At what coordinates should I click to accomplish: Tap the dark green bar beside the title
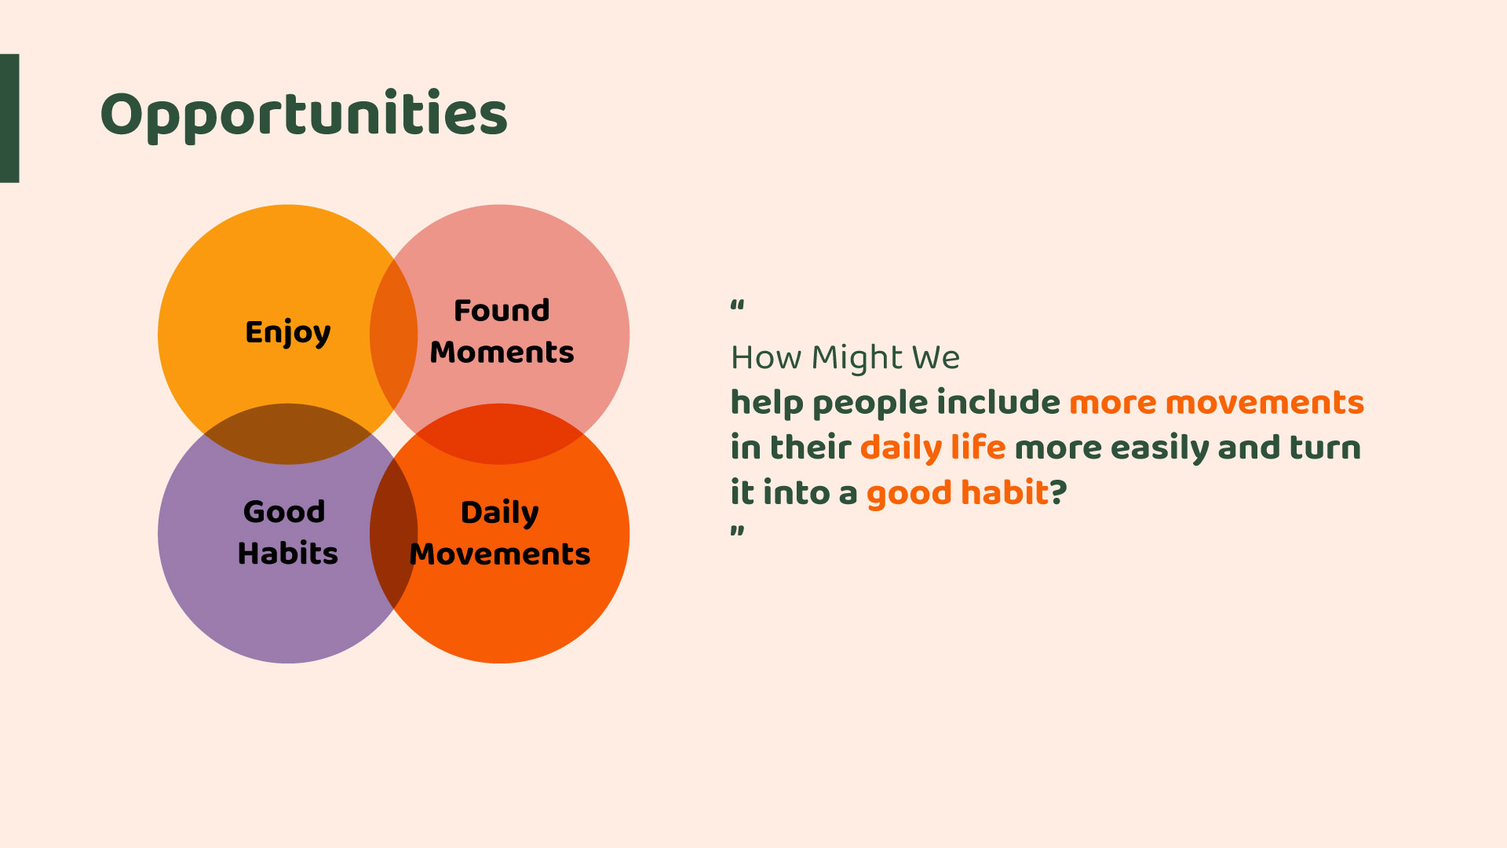pos(9,119)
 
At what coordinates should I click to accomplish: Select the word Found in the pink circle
pos(502,310)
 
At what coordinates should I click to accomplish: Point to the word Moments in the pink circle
pos(502,352)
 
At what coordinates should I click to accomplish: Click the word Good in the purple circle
pos(284,512)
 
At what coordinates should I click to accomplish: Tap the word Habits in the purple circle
pos(288,554)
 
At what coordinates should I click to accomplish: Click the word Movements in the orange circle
pos(500,554)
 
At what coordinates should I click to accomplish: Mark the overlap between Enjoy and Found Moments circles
pos(394,334)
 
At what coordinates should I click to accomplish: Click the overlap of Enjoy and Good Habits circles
pos(288,434)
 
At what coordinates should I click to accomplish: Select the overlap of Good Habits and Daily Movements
pos(394,534)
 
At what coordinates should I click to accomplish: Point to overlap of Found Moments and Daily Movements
pos(500,434)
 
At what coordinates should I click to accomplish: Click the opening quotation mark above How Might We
pos(737,305)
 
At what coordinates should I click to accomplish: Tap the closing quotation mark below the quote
pos(737,531)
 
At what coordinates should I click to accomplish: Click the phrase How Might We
pos(845,358)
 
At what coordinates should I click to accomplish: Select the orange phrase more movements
pos(1217,403)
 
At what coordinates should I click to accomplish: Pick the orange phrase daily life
pos(932,448)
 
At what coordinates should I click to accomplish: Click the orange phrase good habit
pos(958,493)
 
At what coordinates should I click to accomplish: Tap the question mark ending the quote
pos(1059,492)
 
